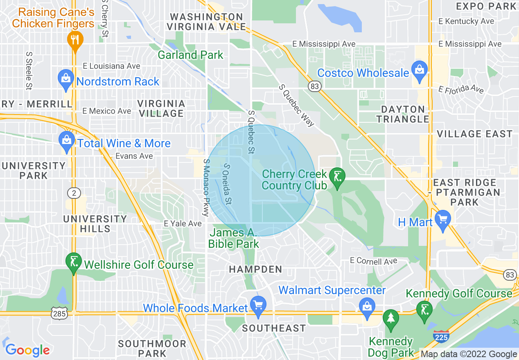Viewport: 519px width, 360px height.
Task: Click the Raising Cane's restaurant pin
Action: [75, 40]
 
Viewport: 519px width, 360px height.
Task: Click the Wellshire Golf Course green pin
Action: [74, 263]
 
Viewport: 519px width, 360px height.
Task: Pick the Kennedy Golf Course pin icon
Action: [424, 310]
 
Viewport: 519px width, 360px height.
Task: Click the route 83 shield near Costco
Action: [315, 86]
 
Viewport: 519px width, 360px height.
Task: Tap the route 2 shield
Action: [74, 194]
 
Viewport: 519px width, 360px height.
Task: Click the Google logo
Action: [27, 350]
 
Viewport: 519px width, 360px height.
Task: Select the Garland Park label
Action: [191, 55]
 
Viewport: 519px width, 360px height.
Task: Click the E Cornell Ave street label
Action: [373, 261]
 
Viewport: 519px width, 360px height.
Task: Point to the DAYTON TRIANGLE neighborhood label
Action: [403, 114]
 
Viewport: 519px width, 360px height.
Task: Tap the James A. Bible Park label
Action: [233, 239]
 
